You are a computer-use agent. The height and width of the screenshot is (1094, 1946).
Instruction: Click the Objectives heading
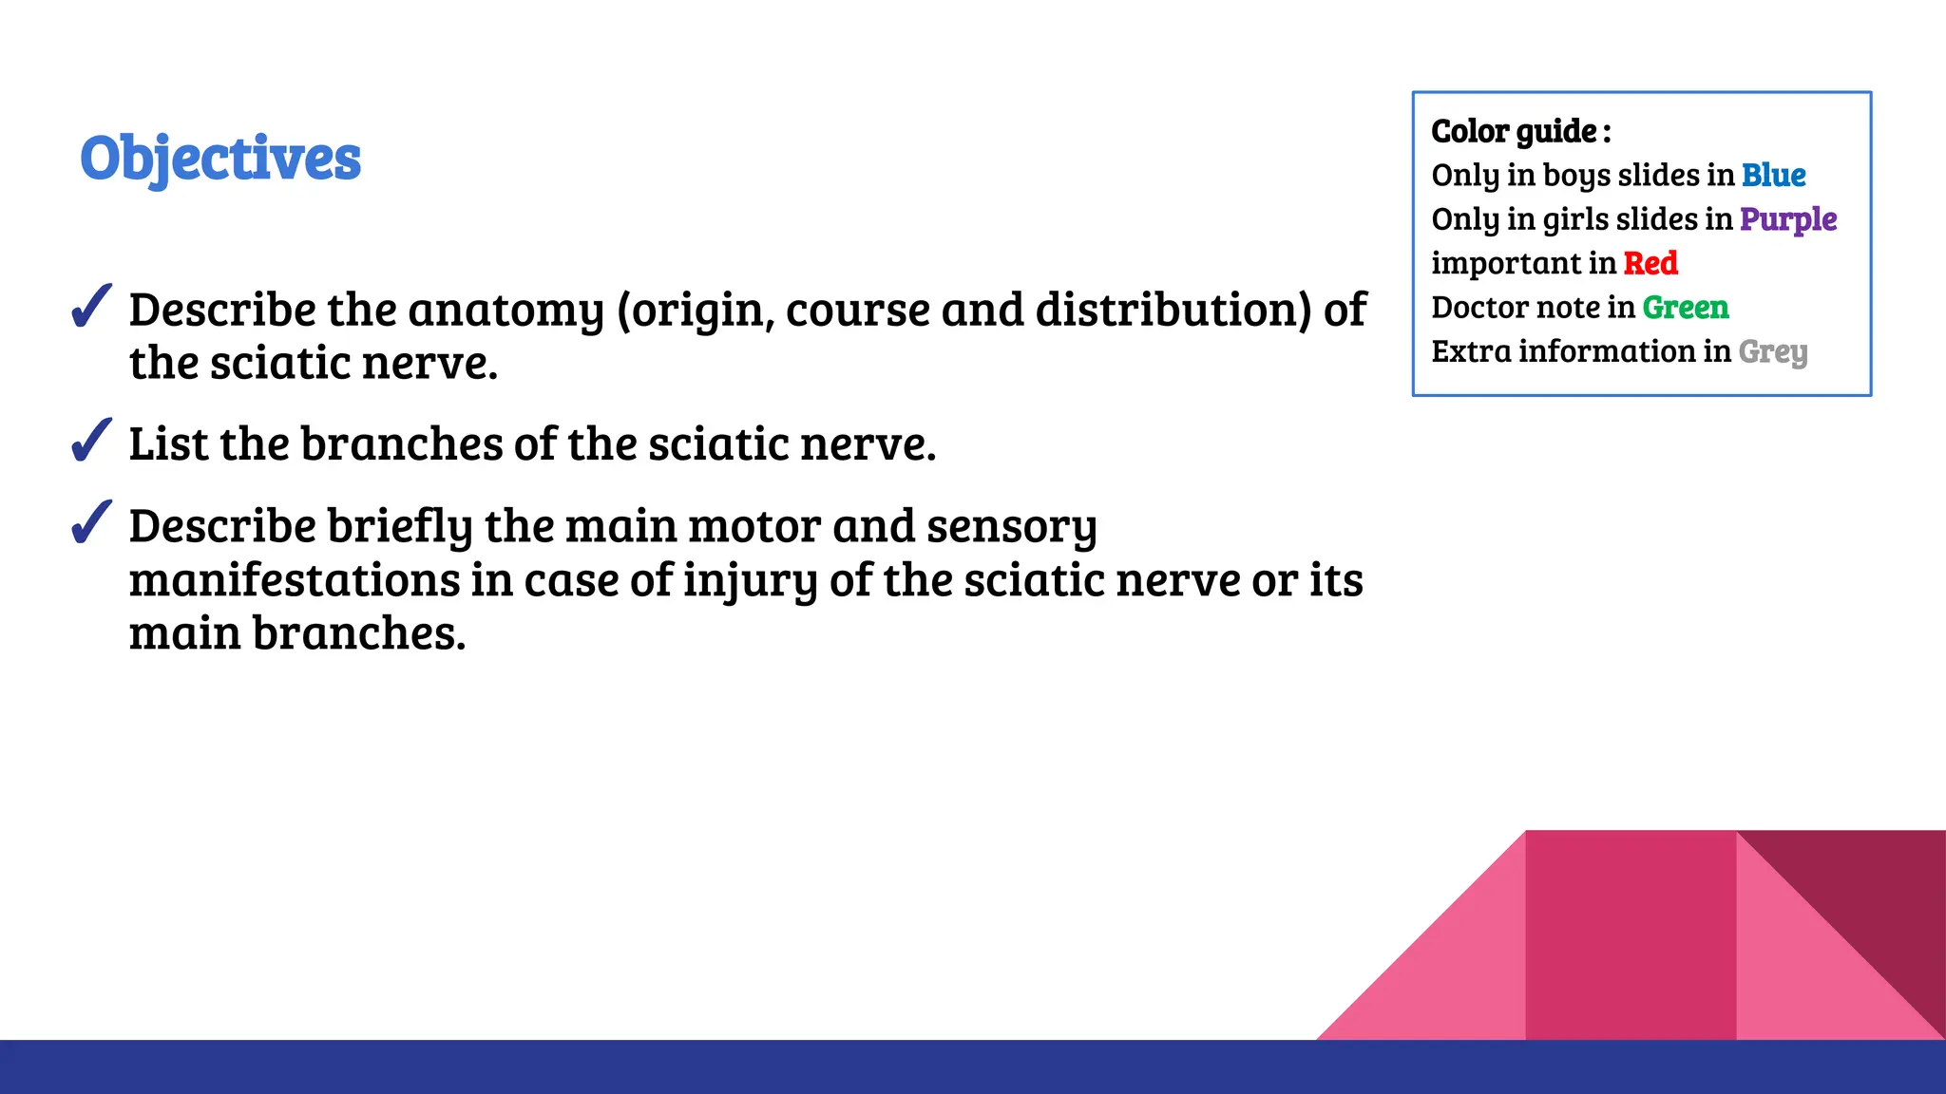220,158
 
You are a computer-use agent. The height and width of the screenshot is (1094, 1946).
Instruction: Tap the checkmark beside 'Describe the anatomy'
91,307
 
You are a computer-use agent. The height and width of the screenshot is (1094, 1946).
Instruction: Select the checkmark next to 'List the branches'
91,441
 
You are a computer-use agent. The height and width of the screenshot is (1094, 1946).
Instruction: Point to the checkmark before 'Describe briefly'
91,523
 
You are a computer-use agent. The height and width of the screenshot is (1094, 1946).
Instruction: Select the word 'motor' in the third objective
754,526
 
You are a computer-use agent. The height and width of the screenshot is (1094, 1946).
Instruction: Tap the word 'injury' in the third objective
750,581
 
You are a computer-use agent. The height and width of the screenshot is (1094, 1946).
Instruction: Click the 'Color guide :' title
1520,131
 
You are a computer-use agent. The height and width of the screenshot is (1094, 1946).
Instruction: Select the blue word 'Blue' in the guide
1773,175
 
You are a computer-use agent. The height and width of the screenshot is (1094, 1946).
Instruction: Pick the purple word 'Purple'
1788,219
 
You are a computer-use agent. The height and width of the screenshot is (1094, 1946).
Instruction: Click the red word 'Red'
1650,263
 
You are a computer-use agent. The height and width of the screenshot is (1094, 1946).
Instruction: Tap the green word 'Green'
1686,308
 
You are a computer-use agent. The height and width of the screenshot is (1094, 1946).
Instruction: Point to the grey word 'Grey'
1773,352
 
